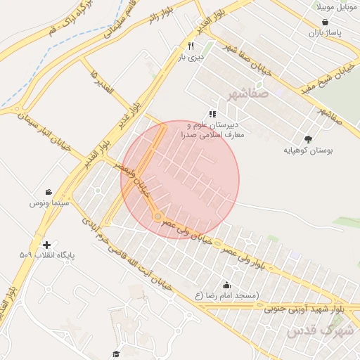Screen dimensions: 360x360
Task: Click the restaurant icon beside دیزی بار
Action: (x=191, y=46)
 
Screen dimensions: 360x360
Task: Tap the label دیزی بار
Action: (x=191, y=58)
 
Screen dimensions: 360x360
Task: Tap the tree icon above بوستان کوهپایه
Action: (x=309, y=139)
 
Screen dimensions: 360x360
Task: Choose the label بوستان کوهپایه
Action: (x=309, y=150)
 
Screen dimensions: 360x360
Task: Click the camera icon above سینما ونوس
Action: (x=48, y=192)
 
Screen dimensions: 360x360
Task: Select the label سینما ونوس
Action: (x=48, y=203)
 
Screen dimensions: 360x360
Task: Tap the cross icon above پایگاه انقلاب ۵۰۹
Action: (x=47, y=245)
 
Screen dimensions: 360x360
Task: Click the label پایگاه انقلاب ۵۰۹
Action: (x=47, y=255)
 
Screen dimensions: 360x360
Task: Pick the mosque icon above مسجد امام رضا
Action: (x=227, y=285)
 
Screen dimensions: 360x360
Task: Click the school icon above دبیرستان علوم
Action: (x=212, y=113)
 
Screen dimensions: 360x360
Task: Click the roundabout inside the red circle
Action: (x=157, y=216)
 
